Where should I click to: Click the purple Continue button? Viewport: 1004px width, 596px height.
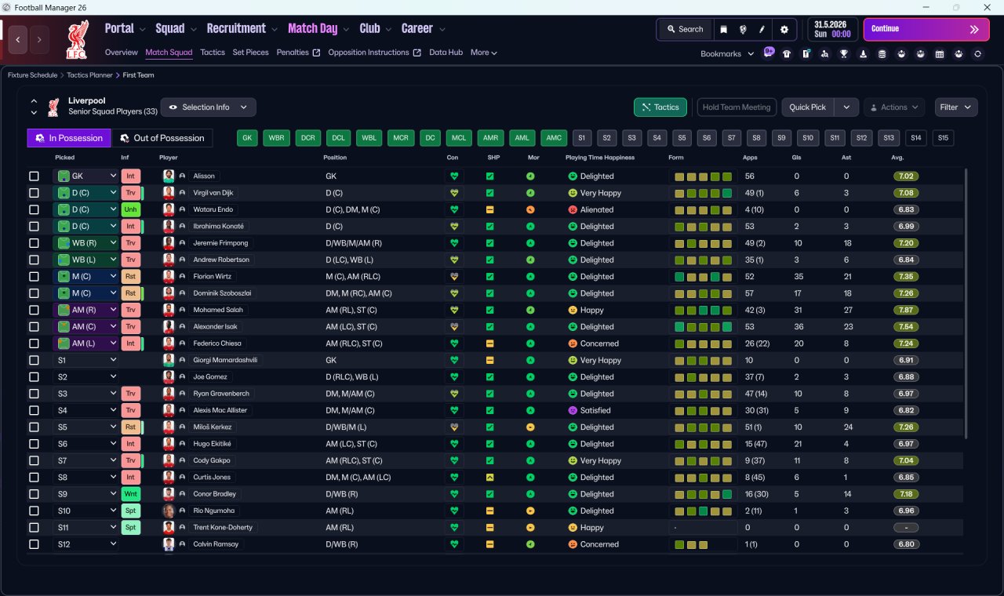(926, 29)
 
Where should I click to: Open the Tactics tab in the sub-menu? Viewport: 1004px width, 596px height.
(213, 53)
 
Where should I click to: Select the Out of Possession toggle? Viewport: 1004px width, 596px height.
(162, 138)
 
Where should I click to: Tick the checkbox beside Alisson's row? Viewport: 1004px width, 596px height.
(34, 176)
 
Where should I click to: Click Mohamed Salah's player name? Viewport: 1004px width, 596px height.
(218, 310)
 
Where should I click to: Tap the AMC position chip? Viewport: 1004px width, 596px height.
(554, 138)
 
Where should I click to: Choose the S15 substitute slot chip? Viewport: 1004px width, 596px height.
(943, 138)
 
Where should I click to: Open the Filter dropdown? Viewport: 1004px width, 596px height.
(955, 107)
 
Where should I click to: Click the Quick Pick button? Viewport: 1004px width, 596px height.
(807, 107)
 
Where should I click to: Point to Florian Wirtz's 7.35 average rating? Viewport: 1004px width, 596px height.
(906, 277)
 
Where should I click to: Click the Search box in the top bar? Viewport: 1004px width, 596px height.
(685, 29)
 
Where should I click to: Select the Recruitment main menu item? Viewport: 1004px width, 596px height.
(236, 29)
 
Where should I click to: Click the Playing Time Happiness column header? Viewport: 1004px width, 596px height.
(600, 158)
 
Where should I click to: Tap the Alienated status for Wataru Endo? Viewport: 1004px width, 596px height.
(597, 209)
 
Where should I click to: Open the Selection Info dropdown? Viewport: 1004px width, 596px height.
(209, 107)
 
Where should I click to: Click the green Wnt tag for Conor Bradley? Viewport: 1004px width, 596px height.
(130, 494)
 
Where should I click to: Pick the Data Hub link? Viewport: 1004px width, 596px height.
(446, 53)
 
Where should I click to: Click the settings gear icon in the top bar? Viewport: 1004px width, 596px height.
(784, 30)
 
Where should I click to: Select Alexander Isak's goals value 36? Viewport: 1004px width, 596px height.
(798, 327)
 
